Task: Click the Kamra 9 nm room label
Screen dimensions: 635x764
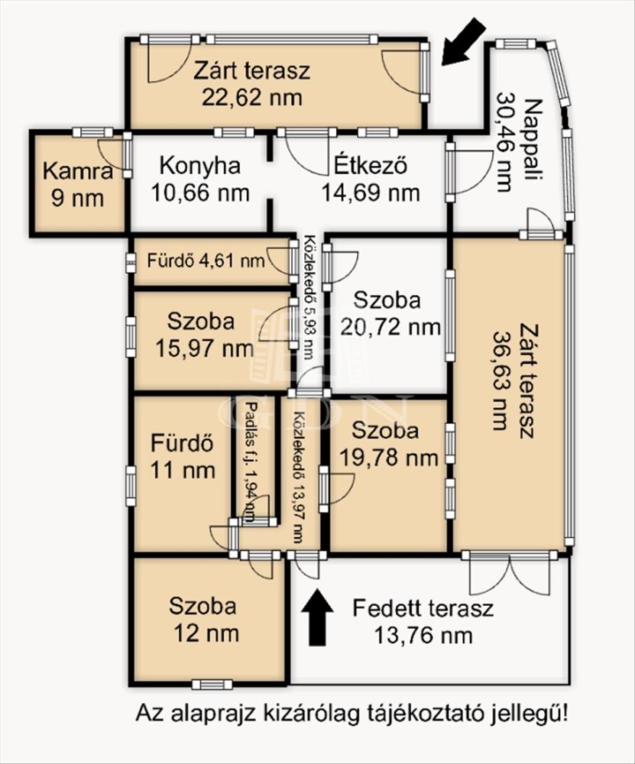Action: click(78, 185)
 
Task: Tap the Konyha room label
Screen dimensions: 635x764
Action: click(199, 166)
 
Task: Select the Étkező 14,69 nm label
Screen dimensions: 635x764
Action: click(371, 180)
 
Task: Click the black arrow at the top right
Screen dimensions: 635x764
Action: click(463, 41)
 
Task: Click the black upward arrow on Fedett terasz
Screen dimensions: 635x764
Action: click(317, 617)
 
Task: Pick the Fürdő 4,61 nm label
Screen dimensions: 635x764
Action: click(206, 261)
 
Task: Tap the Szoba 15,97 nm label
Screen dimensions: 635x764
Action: click(205, 335)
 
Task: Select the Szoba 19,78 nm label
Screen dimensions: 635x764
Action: click(387, 444)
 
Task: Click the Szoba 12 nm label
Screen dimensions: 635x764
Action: click(205, 620)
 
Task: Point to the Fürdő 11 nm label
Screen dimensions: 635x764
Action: click(183, 457)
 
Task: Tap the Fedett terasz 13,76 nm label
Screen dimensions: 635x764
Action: click(423, 622)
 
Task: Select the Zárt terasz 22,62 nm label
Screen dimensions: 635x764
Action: click(252, 84)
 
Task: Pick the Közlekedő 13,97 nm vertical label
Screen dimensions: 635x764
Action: click(298, 477)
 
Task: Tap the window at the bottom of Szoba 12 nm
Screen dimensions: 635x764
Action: click(212, 685)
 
